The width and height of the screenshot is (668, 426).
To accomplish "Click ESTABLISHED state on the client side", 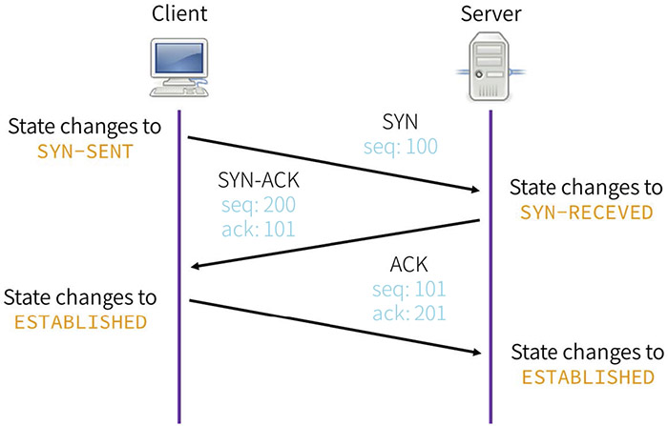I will click(81, 321).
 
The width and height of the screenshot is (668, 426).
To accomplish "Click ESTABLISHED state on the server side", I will click(586, 378).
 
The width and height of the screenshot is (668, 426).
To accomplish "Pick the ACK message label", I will click(409, 264).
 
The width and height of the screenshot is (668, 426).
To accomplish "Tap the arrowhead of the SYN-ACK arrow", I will click(197, 266).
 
